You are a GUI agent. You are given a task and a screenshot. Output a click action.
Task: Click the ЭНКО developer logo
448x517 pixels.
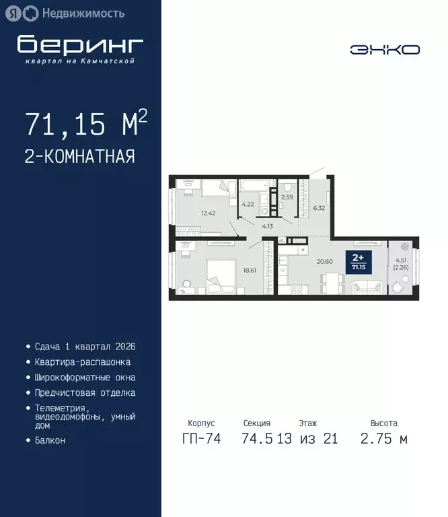pyautogui.click(x=385, y=49)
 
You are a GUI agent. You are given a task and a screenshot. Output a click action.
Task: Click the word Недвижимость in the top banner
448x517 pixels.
pyautogui.click(x=83, y=13)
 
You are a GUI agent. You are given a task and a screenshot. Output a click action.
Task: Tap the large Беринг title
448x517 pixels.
pyautogui.click(x=80, y=44)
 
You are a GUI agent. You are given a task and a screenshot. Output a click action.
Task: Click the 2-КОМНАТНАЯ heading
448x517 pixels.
pyautogui.click(x=80, y=157)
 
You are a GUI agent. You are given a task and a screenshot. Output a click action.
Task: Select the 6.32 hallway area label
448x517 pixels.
pyautogui.click(x=319, y=208)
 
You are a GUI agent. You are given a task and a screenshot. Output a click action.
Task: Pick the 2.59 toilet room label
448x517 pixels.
pyautogui.click(x=287, y=197)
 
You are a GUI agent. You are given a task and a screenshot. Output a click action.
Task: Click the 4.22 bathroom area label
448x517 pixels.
pyautogui.click(x=248, y=203)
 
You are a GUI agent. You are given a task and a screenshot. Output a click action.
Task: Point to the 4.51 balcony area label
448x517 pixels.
pyautogui.click(x=402, y=261)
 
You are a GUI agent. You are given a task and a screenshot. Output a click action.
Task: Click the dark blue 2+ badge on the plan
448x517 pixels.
pyautogui.click(x=359, y=261)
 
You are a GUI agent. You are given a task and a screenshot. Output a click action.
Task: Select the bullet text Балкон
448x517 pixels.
pyautogui.click(x=50, y=440)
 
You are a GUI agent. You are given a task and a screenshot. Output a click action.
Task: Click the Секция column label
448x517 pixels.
pyautogui.click(x=257, y=423)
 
